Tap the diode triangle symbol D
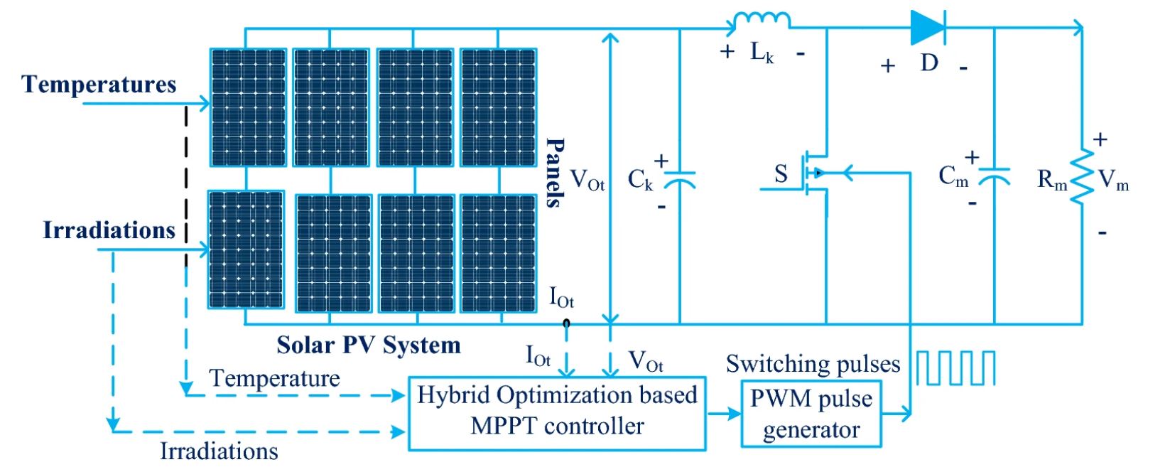tap(928, 28)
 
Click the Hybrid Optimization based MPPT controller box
tap(558, 412)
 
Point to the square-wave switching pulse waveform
tap(955, 368)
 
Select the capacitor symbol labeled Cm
tap(994, 176)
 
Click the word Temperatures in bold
tap(99, 84)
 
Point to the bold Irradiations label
tap(109, 230)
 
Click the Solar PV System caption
tap(369, 345)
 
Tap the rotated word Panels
tap(555, 173)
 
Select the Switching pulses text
tap(813, 364)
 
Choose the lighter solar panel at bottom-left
tap(246, 250)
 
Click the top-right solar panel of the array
tap(498, 107)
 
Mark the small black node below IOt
tap(566, 323)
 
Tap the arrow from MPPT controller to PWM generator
tap(724, 413)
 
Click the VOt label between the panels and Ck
tap(587, 179)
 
